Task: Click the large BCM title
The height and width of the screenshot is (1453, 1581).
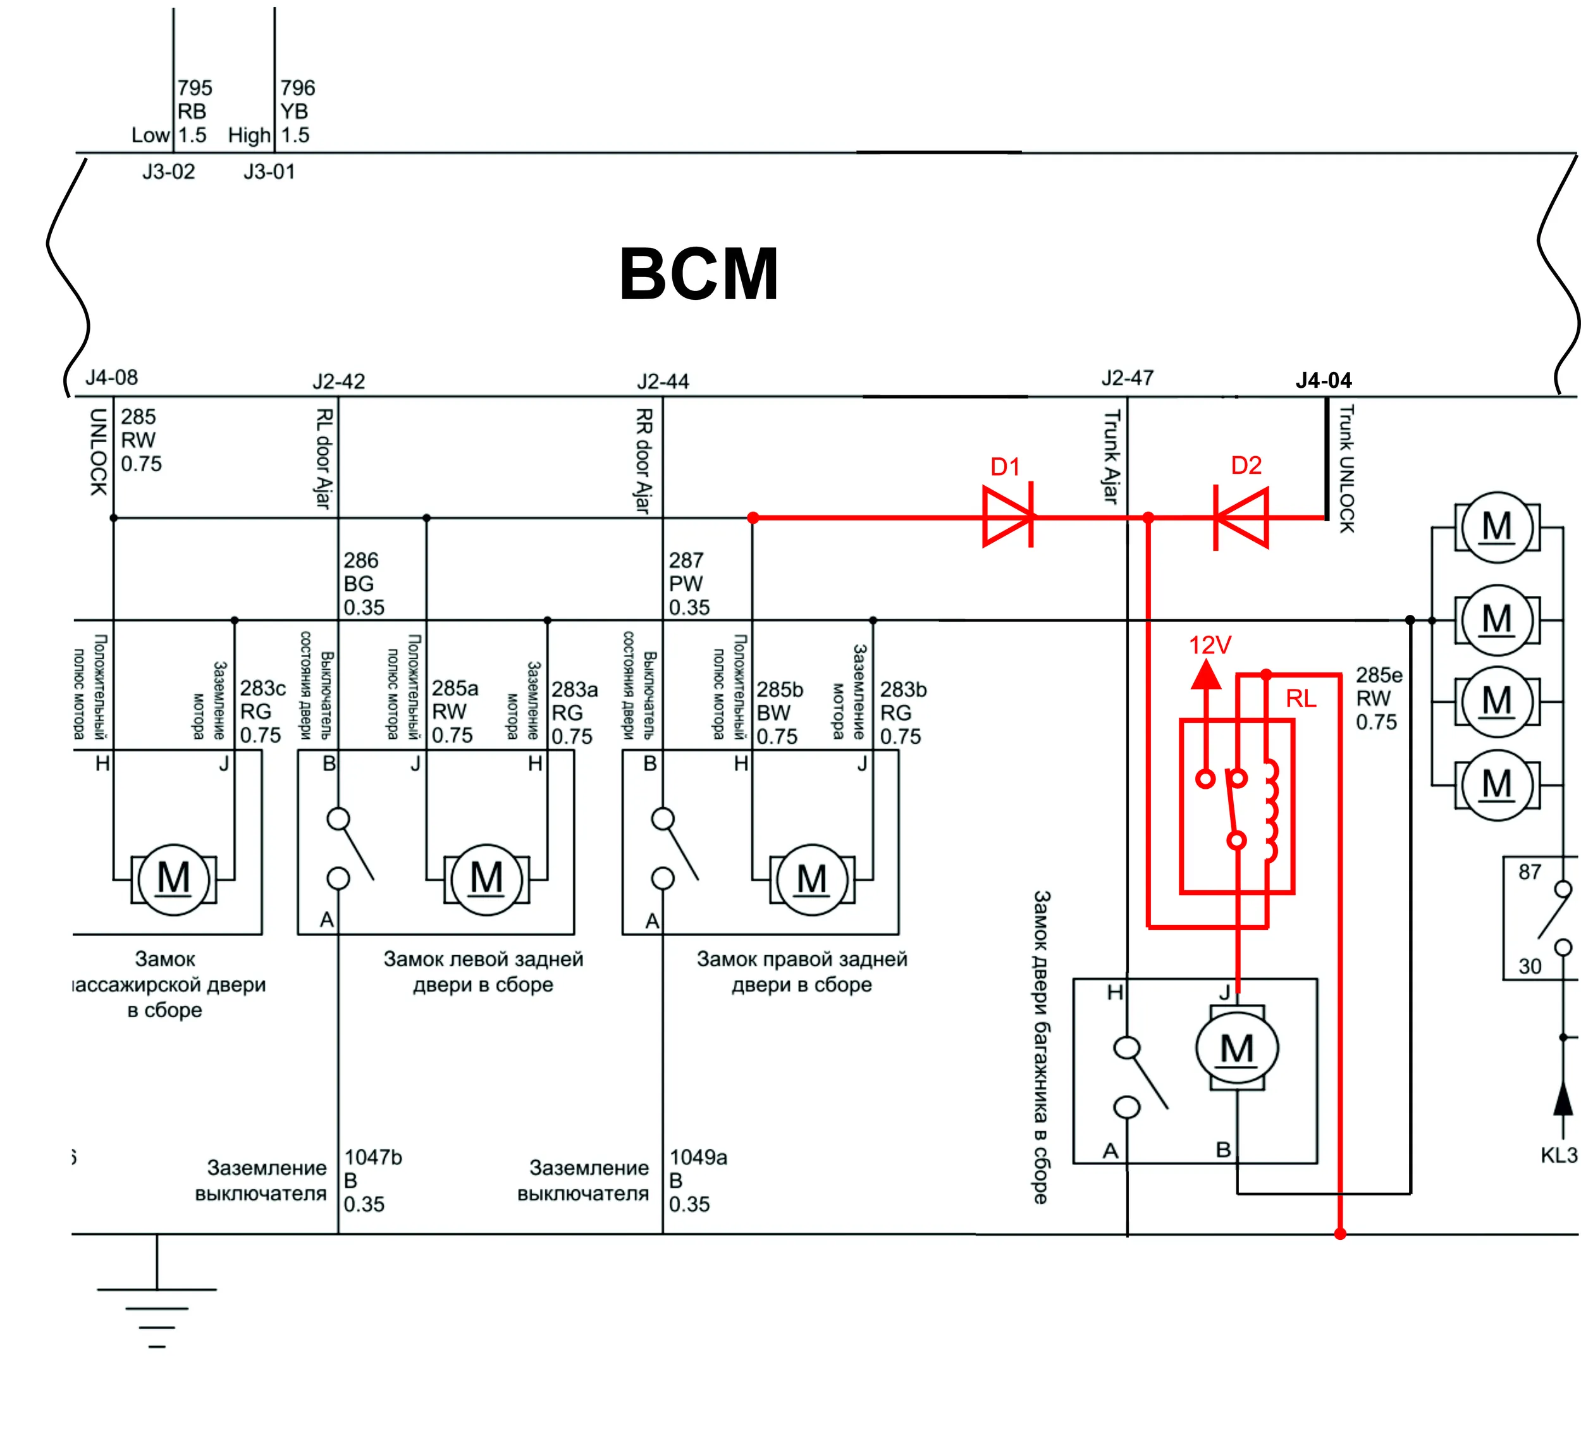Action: coord(698,274)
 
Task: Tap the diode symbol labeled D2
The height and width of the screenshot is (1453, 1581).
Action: coord(1241,517)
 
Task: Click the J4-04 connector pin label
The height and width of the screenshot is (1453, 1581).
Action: coord(1324,381)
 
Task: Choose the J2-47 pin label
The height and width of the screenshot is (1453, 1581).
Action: coord(1128,378)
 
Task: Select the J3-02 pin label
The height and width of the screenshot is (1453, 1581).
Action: coord(168,171)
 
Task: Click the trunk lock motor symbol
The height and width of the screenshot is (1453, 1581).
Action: coord(1236,1048)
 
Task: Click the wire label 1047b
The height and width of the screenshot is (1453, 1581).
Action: coord(372,1158)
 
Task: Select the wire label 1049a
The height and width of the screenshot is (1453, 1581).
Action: coord(698,1158)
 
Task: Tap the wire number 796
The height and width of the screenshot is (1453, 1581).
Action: coord(297,87)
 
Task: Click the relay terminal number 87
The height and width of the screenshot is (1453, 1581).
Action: coord(1530,872)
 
